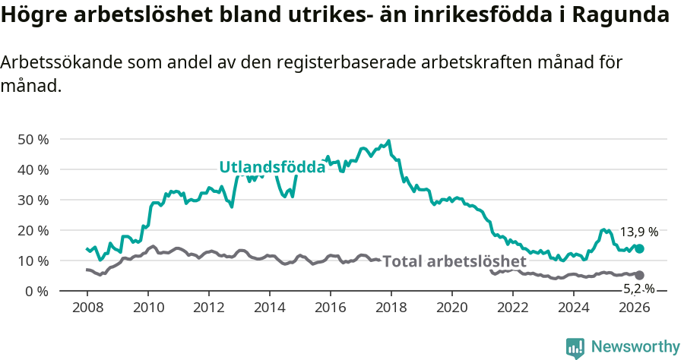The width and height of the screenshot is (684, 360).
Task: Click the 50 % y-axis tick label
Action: (x=33, y=140)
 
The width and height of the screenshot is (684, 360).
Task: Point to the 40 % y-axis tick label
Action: (x=33, y=170)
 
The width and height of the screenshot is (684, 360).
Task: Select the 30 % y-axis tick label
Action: (x=33, y=201)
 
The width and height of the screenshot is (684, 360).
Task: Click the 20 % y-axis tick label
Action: (x=33, y=231)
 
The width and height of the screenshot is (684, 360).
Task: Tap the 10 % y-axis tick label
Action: (x=33, y=261)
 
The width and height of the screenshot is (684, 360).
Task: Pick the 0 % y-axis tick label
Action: (x=36, y=292)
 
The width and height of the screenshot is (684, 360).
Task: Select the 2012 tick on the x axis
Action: (x=208, y=308)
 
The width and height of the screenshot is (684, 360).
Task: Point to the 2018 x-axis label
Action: (x=391, y=308)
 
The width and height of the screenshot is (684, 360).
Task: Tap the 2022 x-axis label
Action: (x=513, y=308)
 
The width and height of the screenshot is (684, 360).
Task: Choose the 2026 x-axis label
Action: (x=635, y=308)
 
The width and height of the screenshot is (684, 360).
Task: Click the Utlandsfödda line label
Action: (x=272, y=168)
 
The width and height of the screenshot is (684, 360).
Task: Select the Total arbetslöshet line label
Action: (x=454, y=262)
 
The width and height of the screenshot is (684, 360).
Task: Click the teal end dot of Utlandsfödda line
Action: (x=639, y=248)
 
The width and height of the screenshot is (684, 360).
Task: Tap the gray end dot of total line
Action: (x=639, y=275)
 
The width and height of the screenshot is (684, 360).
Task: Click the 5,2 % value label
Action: (x=638, y=289)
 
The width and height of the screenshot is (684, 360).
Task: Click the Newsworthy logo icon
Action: (x=575, y=348)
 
